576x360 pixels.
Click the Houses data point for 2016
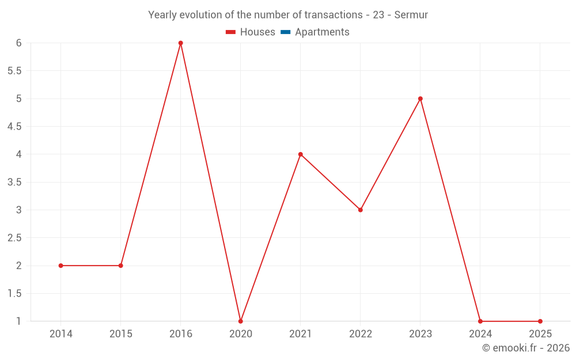[180, 43]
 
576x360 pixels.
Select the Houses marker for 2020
[240, 321]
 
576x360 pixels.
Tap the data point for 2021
[300, 154]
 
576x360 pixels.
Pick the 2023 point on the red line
[420, 98]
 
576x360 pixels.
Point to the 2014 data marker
[60, 266]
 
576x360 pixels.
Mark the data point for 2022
[361, 210]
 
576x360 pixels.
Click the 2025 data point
[540, 321]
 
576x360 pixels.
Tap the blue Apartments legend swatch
[285, 32]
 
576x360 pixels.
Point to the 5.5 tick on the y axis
[14, 71]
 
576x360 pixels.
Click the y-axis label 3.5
[14, 182]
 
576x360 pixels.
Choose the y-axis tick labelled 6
[18, 43]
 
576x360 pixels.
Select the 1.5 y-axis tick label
[14, 294]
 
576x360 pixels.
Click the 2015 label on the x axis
[120, 334]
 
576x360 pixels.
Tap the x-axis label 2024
[480, 334]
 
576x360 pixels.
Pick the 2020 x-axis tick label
[240, 334]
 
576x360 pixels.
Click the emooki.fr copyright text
[526, 348]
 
